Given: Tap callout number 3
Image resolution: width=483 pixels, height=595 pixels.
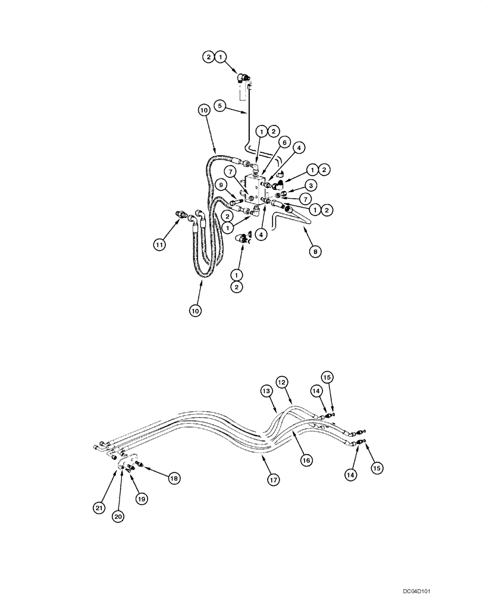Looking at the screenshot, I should (310, 186).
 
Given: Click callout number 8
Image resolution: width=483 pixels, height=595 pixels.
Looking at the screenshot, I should (316, 252).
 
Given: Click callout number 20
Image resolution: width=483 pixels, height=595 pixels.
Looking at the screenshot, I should (118, 517).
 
